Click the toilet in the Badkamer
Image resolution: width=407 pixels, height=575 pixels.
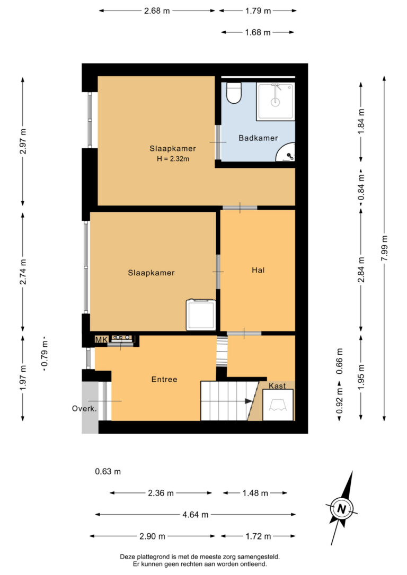point(234,93)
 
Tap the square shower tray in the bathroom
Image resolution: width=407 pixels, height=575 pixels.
point(275,101)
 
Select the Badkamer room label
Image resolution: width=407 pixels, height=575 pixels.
point(258,138)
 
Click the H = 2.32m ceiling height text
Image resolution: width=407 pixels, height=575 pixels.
point(173,158)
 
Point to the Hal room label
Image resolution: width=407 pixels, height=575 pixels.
point(258,270)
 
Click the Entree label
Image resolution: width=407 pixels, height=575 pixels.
point(164,380)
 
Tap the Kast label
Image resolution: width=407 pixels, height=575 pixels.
point(277,386)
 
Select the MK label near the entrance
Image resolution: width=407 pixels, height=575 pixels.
point(101,339)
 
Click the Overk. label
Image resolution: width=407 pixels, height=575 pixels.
point(84,408)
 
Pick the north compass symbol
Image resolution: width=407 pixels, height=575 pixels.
point(342,508)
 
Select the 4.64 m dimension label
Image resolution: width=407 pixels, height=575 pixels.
point(196,514)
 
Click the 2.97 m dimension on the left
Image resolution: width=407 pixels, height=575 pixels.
point(23,141)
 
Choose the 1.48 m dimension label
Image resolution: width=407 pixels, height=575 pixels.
point(255,493)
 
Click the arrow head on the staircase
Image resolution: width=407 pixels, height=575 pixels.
point(249,402)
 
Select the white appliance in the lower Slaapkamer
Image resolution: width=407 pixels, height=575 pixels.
point(201,315)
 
